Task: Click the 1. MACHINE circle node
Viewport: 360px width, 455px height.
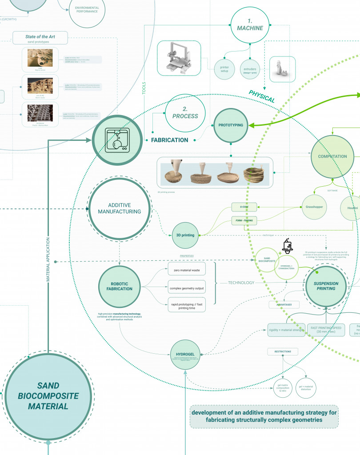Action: pyautogui.click(x=249, y=25)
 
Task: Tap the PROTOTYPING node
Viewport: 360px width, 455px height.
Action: pyautogui.click(x=231, y=125)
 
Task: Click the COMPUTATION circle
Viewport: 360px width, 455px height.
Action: pyautogui.click(x=332, y=156)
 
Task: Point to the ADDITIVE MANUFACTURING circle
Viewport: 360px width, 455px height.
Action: pyautogui.click(x=118, y=208)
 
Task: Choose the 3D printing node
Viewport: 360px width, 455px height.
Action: pyautogui.click(x=186, y=235)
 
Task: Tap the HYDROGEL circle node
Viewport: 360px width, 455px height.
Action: pyautogui.click(x=186, y=367)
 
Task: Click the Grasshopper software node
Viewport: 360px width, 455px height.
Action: pyautogui.click(x=314, y=207)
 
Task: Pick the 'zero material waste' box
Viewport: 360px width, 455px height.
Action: pyautogui.click(x=187, y=268)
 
